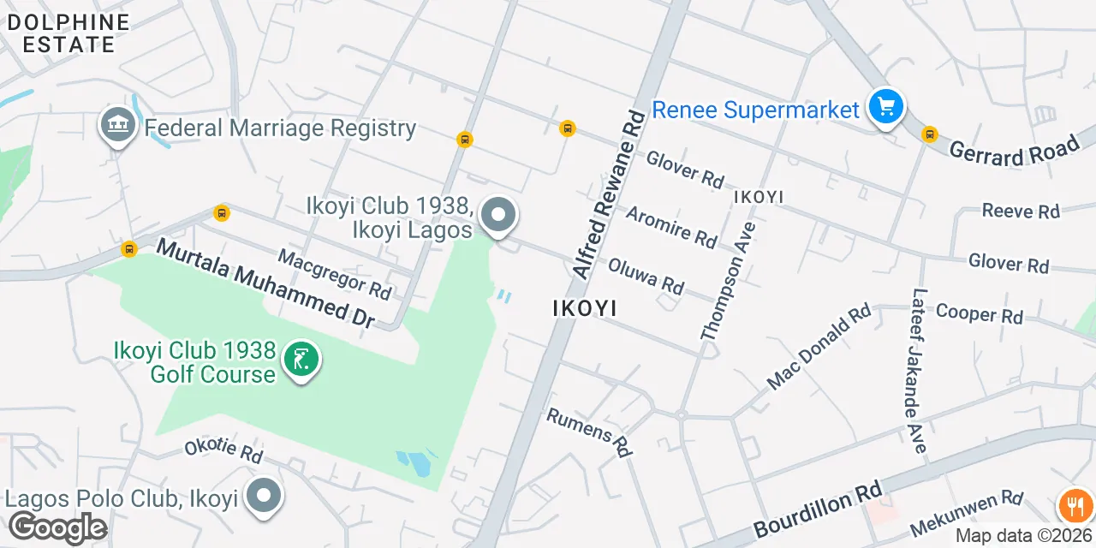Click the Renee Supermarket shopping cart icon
pyautogui.click(x=886, y=108)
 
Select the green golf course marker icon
pyautogui.click(x=301, y=361)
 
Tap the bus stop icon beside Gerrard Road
pyautogui.click(x=929, y=134)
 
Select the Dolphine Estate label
pyautogui.click(x=68, y=33)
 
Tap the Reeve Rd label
pyautogui.click(x=1021, y=211)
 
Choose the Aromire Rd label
pyautogui.click(x=671, y=226)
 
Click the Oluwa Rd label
pyautogui.click(x=646, y=276)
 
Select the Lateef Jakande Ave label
pyautogui.click(x=914, y=368)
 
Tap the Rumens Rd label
pyautogui.click(x=589, y=431)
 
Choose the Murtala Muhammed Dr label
pyautogui.click(x=265, y=283)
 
